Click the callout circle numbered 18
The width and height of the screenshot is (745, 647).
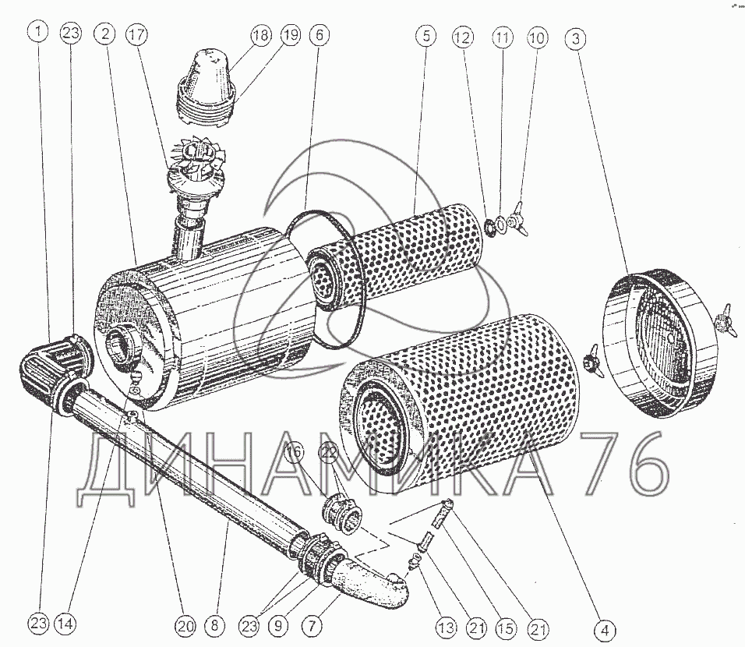coord(261,35)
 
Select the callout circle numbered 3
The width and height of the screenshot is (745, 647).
coord(576,38)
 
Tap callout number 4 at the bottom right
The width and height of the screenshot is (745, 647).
coord(605,630)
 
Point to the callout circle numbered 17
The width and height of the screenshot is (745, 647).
coord(136,34)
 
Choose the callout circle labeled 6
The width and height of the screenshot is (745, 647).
coord(320,35)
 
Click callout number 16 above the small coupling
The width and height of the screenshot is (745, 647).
coord(294,451)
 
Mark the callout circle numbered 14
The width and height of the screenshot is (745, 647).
coord(65,624)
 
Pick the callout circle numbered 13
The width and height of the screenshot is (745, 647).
coord(447,628)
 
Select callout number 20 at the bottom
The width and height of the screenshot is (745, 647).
coord(185,626)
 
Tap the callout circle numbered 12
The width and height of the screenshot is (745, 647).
coord(463,37)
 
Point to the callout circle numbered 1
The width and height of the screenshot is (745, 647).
coord(38,32)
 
